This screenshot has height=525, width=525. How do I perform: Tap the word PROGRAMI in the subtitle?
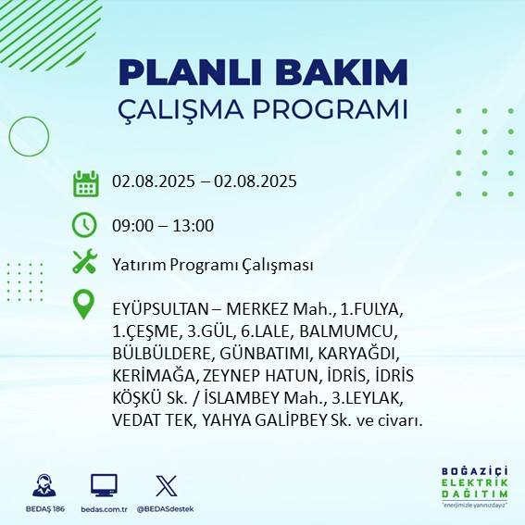[332, 109]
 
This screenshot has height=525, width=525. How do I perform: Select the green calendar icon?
[85, 183]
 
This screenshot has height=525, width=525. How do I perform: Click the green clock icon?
[84, 224]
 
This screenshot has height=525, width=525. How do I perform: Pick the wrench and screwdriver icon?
[84, 262]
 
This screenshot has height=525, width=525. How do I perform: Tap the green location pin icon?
[84, 304]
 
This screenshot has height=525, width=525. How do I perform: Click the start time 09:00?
[131, 225]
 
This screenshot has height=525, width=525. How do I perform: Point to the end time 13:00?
[193, 225]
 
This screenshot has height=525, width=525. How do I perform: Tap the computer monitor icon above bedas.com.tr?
[104, 486]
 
